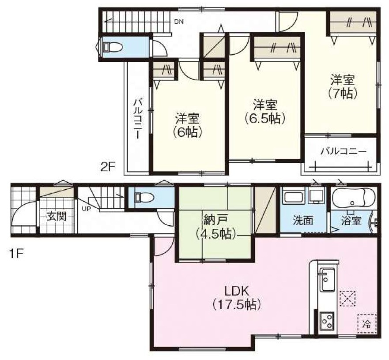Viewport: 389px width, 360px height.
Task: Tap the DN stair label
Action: pyautogui.click(x=179, y=22)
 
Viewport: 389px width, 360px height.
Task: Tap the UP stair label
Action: pyautogui.click(x=87, y=209)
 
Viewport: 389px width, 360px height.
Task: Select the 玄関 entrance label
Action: pyautogui.click(x=57, y=217)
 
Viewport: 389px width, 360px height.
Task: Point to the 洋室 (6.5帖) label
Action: pyautogui.click(x=265, y=112)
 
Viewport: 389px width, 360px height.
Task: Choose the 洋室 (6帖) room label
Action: pyautogui.click(x=188, y=125)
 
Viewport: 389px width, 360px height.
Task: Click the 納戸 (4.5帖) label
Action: pyautogui.click(x=215, y=227)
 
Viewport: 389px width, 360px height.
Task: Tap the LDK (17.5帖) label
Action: pyautogui.click(x=237, y=298)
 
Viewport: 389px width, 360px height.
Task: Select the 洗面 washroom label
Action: pyautogui.click(x=303, y=221)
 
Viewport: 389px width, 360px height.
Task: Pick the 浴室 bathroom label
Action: pyautogui.click(x=351, y=221)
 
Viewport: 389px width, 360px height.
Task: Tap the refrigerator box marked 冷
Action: pyautogui.click(x=366, y=323)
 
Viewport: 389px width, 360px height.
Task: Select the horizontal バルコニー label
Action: pyautogui.click(x=343, y=151)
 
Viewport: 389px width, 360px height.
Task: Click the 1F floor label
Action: pyautogui.click(x=16, y=254)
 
